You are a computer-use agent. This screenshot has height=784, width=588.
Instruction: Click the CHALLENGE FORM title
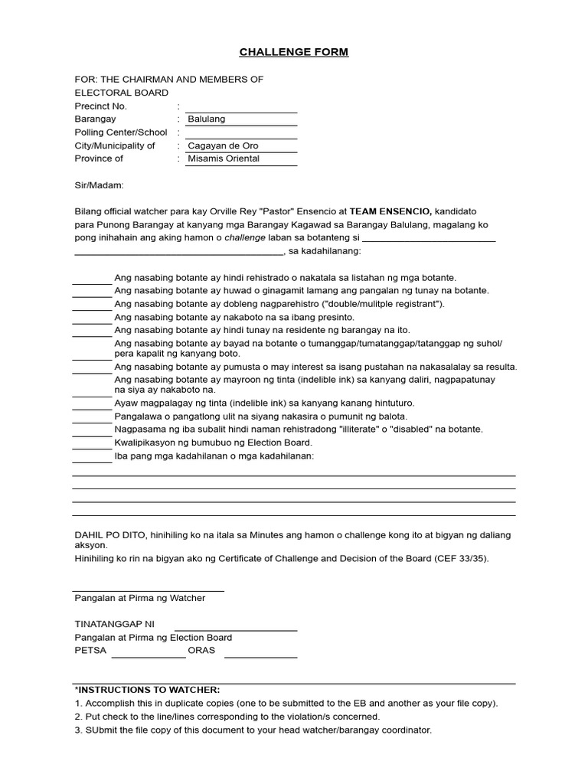(x=294, y=52)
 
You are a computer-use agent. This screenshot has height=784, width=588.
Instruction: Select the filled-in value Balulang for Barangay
(x=207, y=119)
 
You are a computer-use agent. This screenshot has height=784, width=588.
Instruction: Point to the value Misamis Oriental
(x=224, y=158)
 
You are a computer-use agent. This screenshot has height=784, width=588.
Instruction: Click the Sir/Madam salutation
(x=99, y=185)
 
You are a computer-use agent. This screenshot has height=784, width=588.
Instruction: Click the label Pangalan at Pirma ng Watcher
(x=139, y=598)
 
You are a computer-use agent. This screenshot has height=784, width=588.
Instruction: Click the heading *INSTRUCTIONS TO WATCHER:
(x=147, y=690)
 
